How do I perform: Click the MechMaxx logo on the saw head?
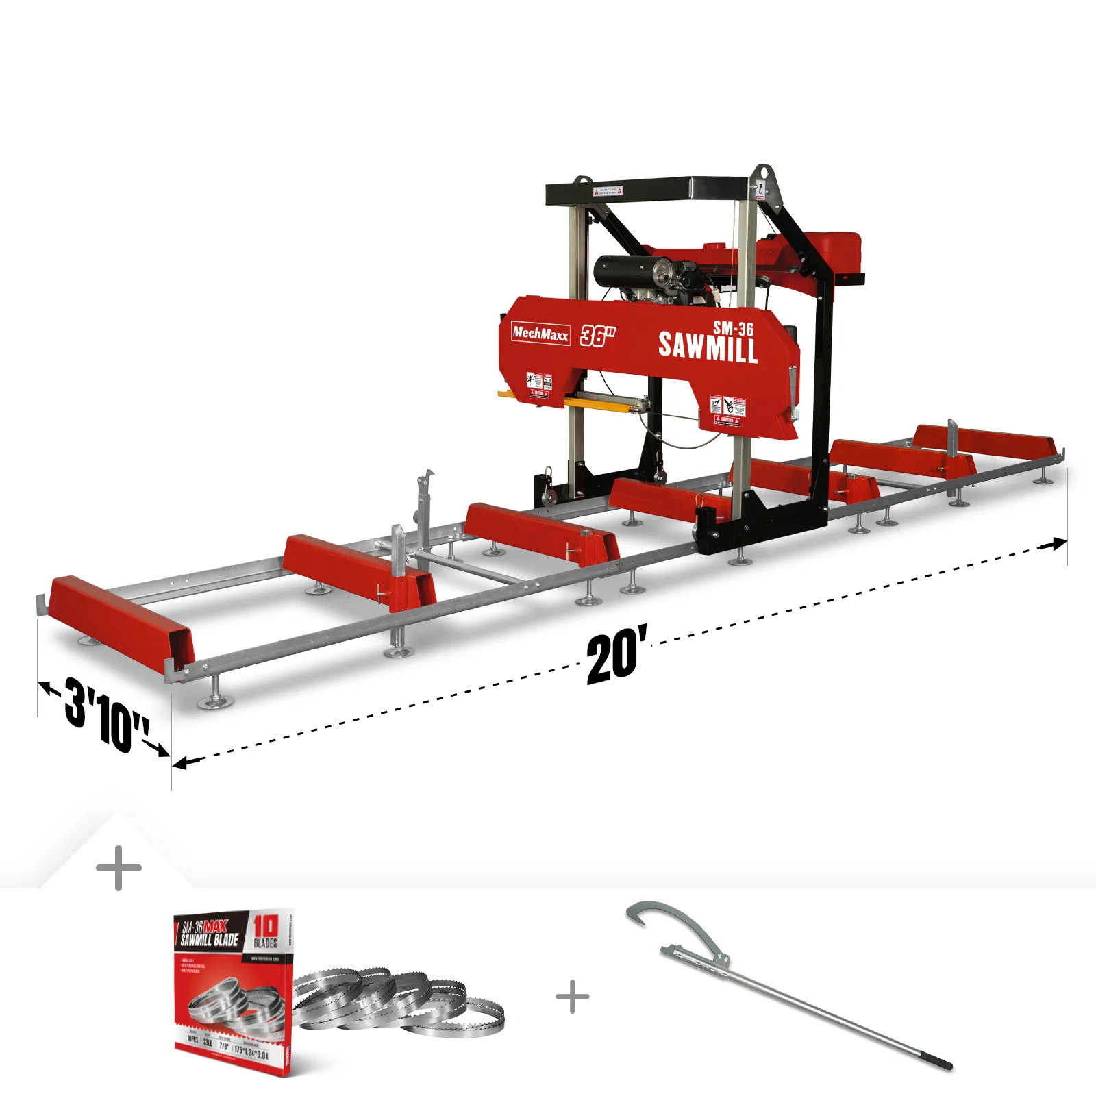click(x=540, y=334)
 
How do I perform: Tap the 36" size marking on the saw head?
click(x=597, y=336)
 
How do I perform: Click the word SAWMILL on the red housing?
click(x=708, y=347)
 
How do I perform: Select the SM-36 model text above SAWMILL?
click(x=733, y=328)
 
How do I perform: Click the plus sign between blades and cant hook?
click(x=573, y=997)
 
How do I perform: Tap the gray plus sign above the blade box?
click(x=119, y=868)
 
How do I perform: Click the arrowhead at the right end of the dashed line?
click(x=1055, y=545)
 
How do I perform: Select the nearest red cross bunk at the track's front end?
click(x=120, y=616)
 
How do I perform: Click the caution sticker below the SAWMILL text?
click(x=727, y=411)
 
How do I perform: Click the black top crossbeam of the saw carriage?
click(x=647, y=190)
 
